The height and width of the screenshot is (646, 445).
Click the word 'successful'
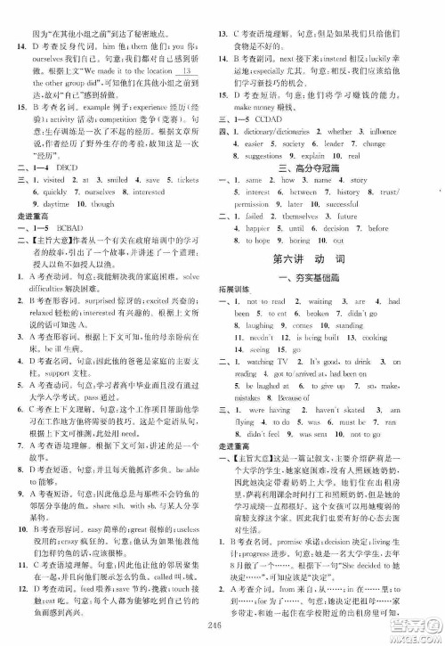coord(353,203)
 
